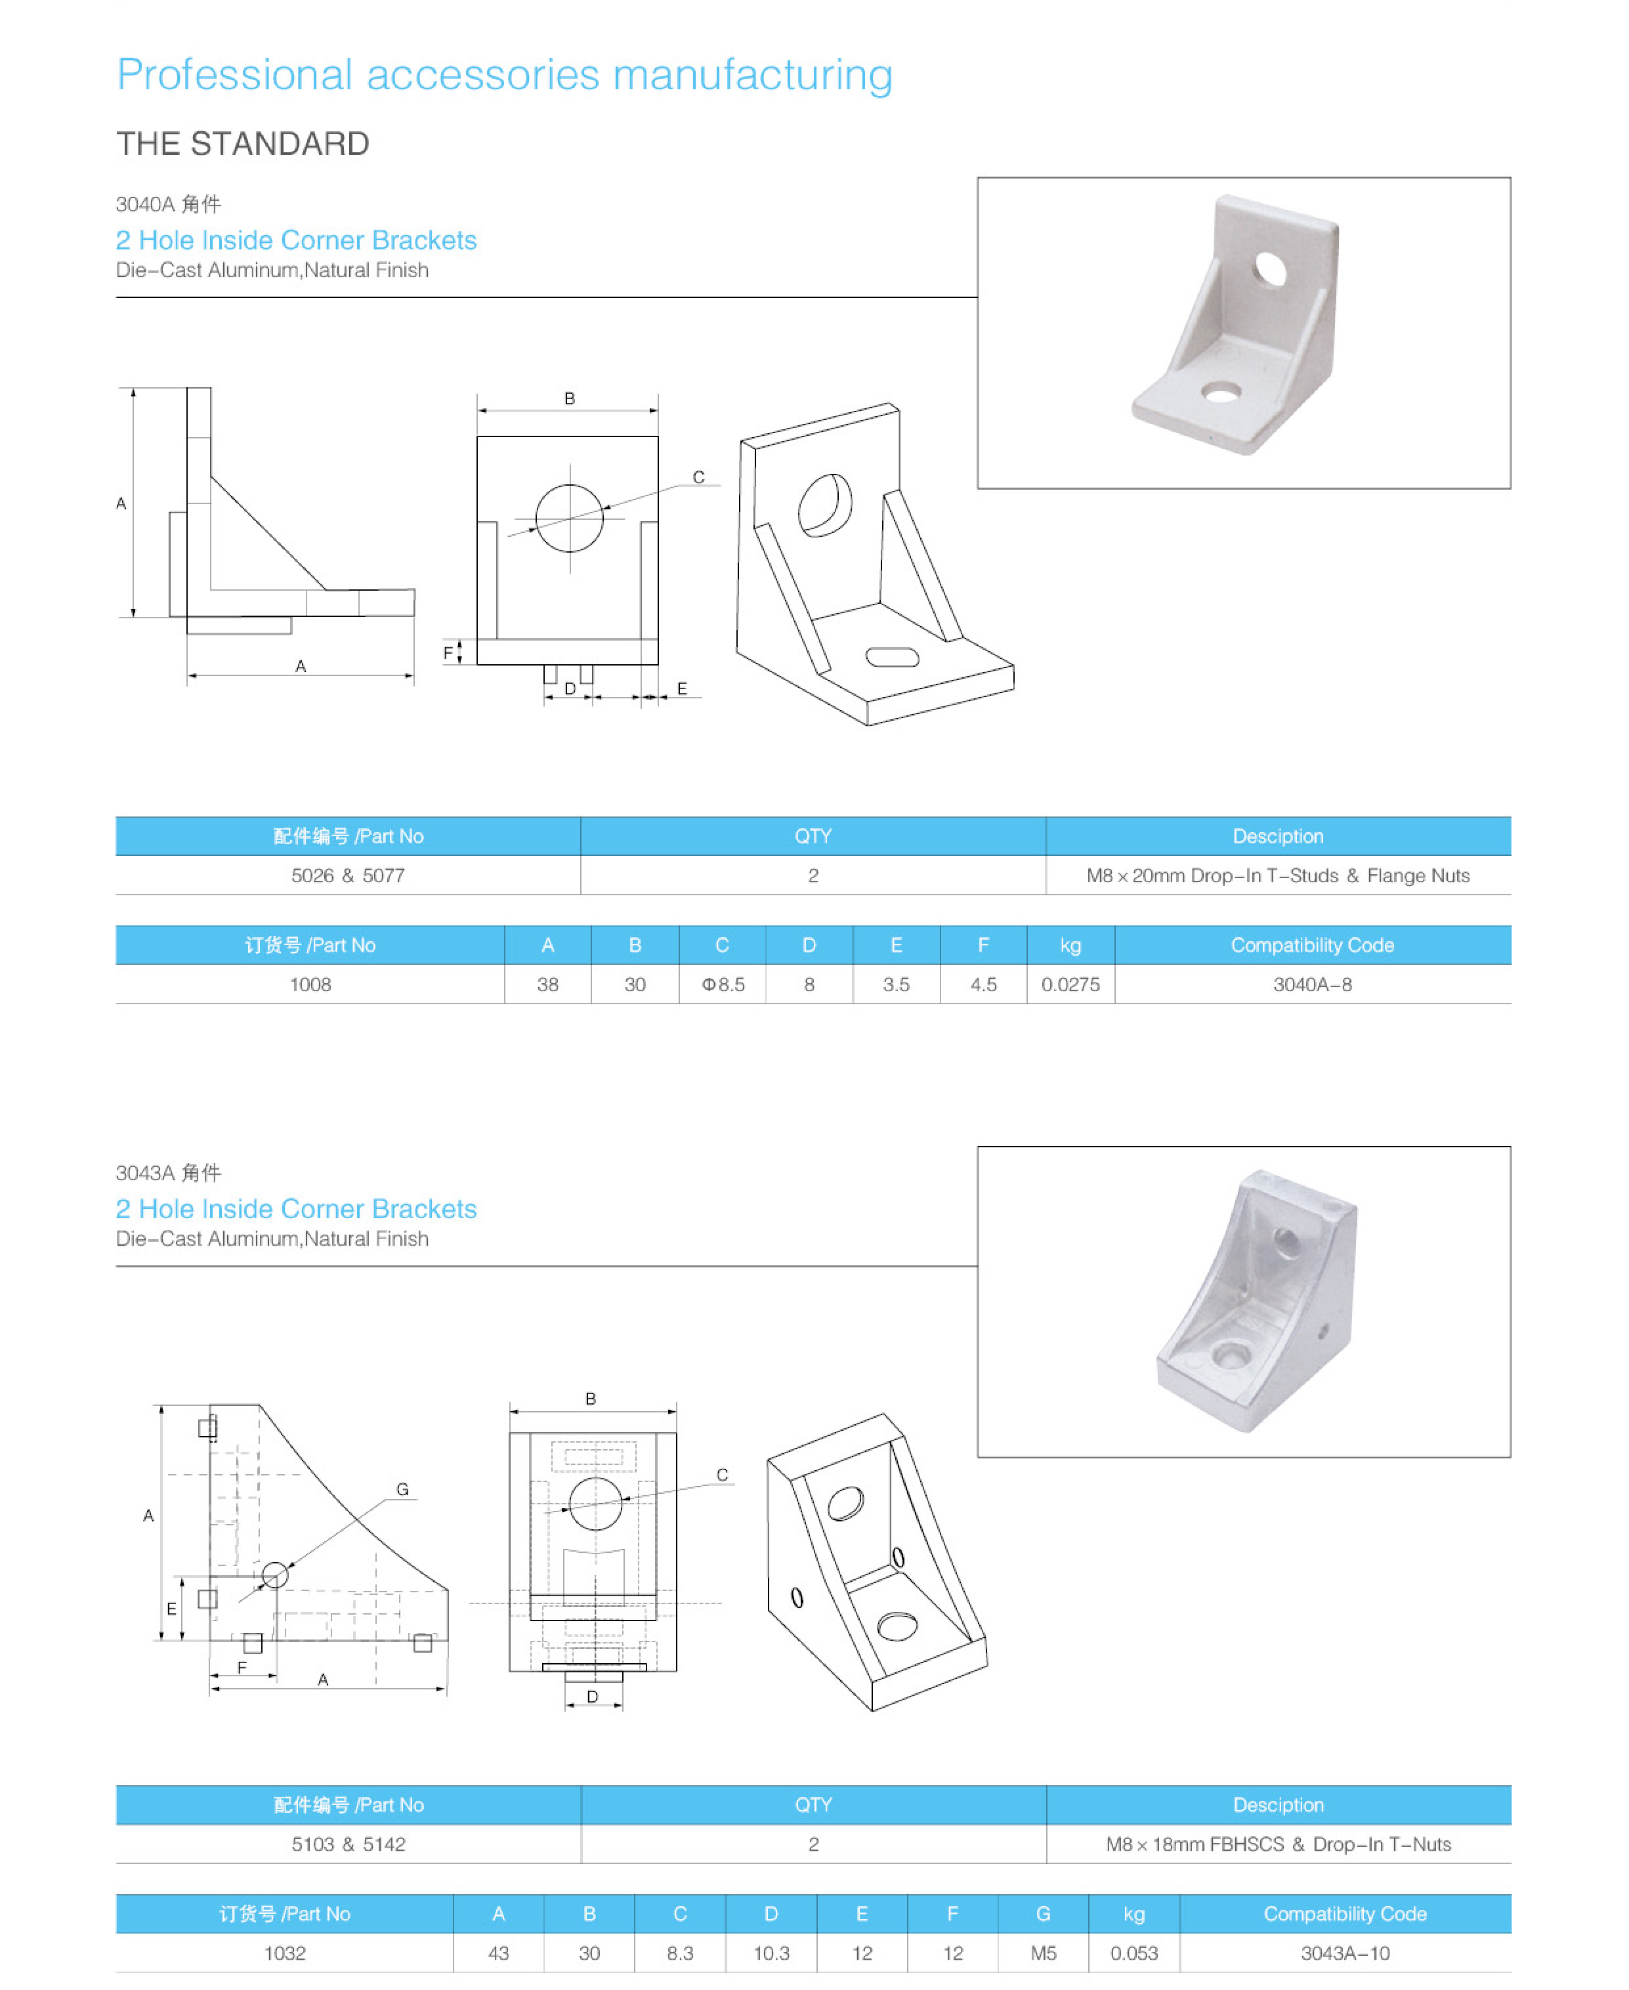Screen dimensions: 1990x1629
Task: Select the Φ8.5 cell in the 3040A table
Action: pos(723,984)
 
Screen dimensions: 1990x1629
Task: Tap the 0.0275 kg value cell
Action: pos(1070,984)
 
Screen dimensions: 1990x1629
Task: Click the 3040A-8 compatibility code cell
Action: pos(1312,984)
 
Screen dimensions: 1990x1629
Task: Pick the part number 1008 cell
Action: pos(310,984)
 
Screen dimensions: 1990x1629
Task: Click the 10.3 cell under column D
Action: pos(771,1953)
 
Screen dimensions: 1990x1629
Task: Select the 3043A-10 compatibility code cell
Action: pos(1345,1953)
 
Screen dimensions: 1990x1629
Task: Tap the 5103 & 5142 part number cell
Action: pos(348,1844)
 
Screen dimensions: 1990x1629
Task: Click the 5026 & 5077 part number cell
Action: pos(347,876)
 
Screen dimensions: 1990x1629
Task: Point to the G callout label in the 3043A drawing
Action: pos(402,1489)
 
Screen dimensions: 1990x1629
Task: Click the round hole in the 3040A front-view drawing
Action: pos(570,518)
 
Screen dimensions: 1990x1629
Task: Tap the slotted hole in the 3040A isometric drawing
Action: pos(893,657)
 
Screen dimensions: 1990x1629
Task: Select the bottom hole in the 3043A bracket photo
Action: pos(1229,1354)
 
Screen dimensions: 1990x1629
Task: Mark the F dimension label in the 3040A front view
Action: pos(448,653)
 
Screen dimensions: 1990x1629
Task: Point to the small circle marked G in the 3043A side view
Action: pos(275,1575)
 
